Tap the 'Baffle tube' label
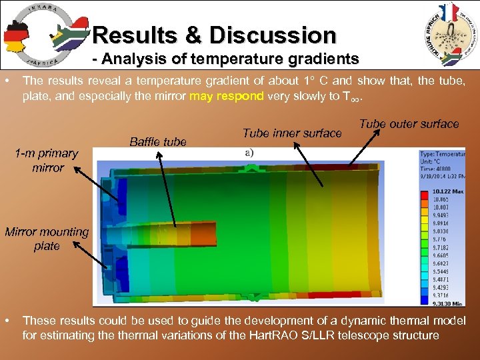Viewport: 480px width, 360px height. click(x=158, y=141)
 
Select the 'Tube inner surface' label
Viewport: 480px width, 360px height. click(x=292, y=133)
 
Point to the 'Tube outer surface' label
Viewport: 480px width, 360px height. click(x=409, y=123)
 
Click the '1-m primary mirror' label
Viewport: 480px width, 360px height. click(x=47, y=160)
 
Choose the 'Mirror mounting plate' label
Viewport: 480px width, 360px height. click(x=47, y=239)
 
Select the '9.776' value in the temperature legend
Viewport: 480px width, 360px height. click(x=443, y=238)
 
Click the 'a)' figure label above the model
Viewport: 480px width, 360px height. click(x=249, y=153)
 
